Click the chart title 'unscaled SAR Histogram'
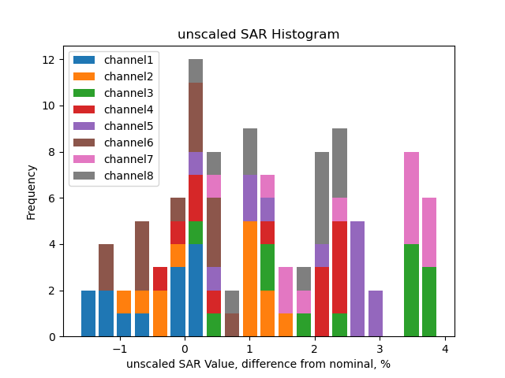click(258, 35)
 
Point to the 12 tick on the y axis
click(48, 60)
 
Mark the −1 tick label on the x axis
click(119, 348)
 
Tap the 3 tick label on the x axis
click(380, 348)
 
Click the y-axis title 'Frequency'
click(32, 191)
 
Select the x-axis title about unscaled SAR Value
click(258, 364)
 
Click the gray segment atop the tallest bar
click(196, 71)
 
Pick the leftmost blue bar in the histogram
click(88, 313)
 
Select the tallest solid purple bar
click(357, 279)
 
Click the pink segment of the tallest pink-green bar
click(411, 198)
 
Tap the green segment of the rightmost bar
click(429, 302)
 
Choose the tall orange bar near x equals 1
click(250, 279)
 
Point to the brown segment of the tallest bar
click(196, 117)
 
